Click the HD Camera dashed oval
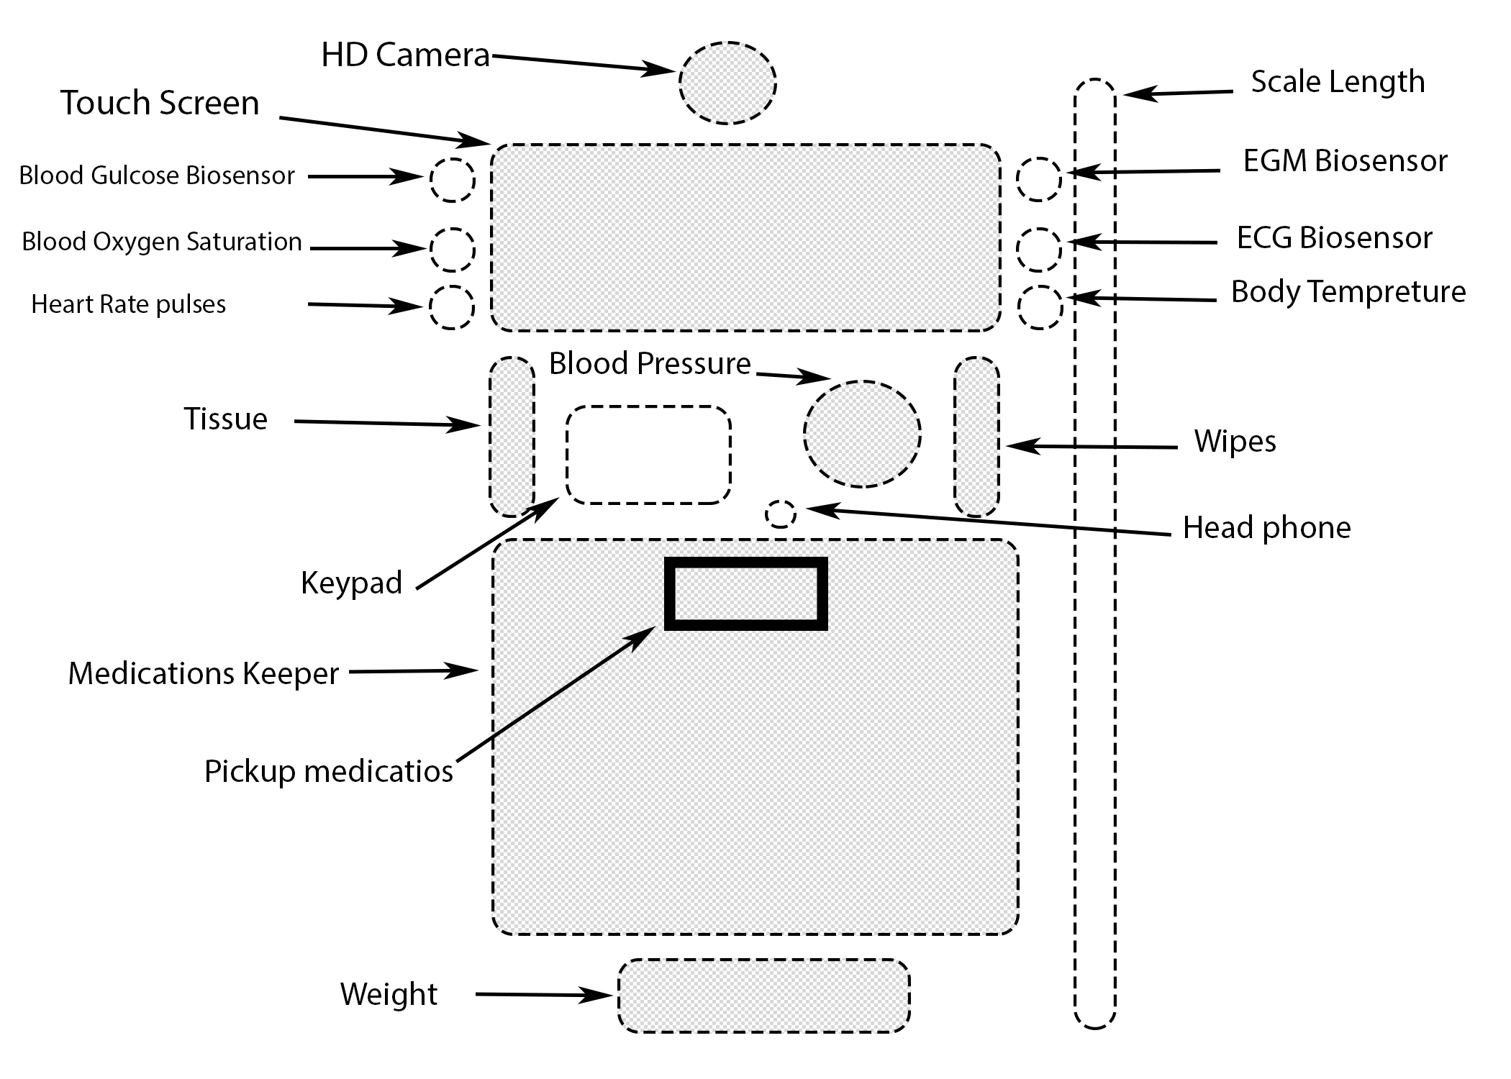click(x=727, y=83)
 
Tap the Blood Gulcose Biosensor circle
click(x=453, y=179)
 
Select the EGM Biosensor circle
click(x=1039, y=179)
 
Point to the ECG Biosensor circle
click(x=1039, y=250)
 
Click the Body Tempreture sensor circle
click(x=1040, y=307)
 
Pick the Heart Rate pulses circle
click(x=452, y=307)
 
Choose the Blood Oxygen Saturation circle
click(x=453, y=250)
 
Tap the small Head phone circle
click(x=781, y=514)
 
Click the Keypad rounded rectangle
click(x=648, y=455)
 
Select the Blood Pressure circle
click(x=862, y=434)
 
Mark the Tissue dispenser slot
click(x=512, y=437)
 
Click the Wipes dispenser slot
click(x=977, y=437)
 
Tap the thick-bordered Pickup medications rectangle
click(x=745, y=593)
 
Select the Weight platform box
click(x=764, y=996)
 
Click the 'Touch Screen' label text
click(x=160, y=103)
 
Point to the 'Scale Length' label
click(x=1338, y=82)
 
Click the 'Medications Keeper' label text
click(x=203, y=674)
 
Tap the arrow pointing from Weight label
click(x=543, y=996)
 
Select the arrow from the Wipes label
click(x=1091, y=447)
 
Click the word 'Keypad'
click(x=351, y=583)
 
